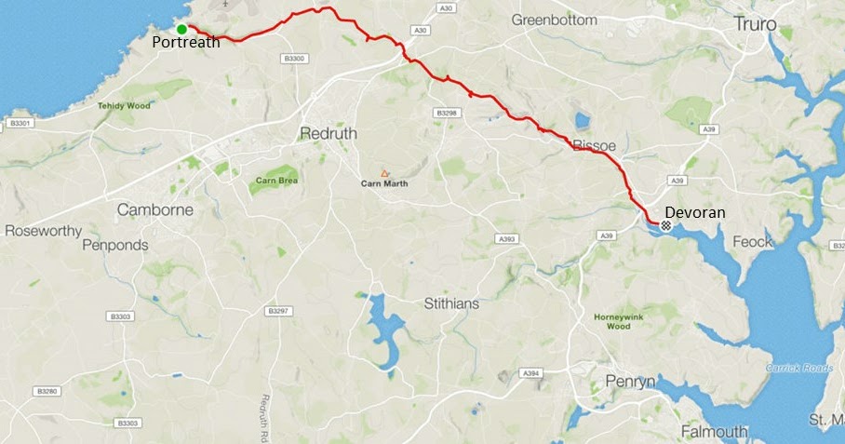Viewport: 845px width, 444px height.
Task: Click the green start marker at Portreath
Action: point(181,30)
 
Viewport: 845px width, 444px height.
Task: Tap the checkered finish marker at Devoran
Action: point(666,224)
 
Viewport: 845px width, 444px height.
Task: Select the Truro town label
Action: point(755,23)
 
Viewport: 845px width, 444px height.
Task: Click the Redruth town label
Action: point(328,134)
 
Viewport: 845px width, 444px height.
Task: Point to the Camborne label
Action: point(154,210)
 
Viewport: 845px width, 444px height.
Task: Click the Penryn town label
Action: point(630,382)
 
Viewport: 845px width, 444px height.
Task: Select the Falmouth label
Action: point(714,432)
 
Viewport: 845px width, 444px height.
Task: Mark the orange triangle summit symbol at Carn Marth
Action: point(383,172)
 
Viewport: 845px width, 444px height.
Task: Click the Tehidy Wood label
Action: point(124,106)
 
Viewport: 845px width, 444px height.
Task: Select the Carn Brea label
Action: point(275,180)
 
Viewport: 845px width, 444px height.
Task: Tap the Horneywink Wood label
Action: point(619,321)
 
